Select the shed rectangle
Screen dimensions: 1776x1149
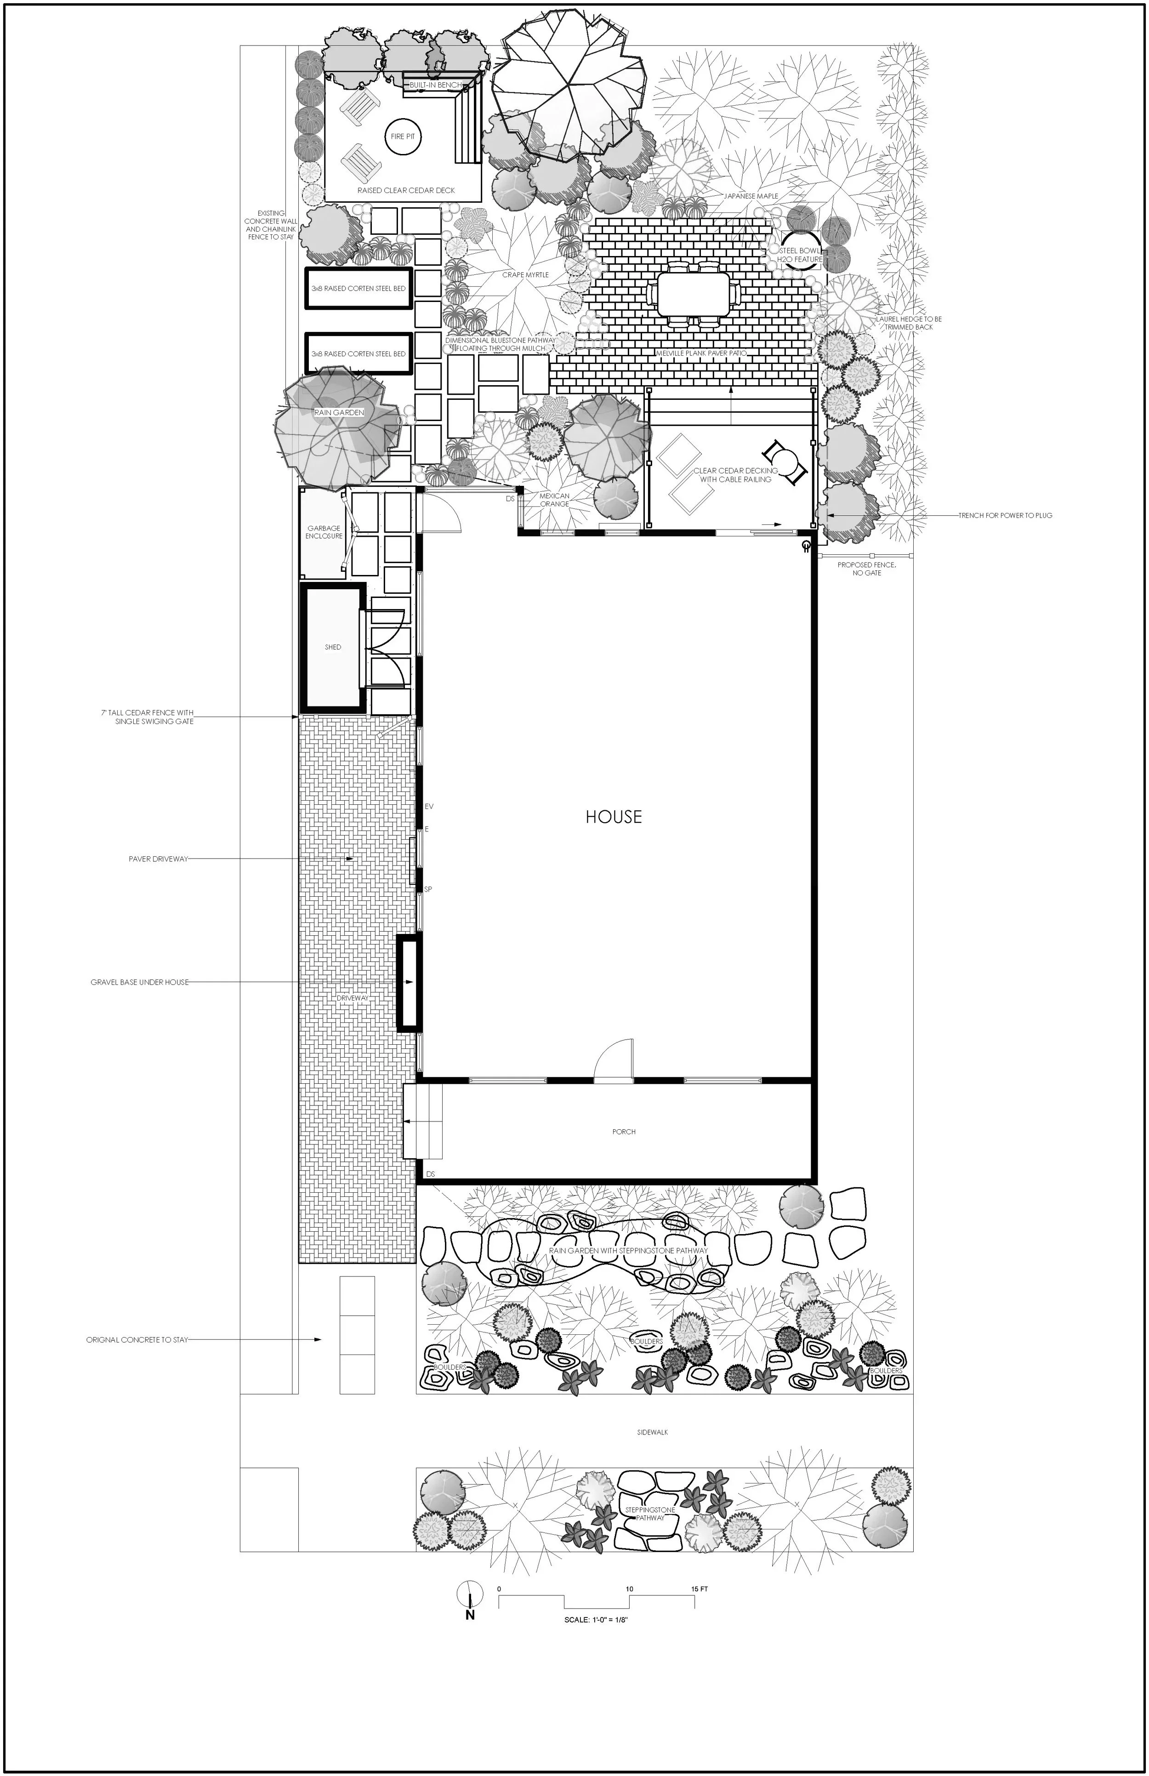pyautogui.click(x=333, y=647)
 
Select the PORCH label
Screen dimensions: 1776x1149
pyautogui.click(x=624, y=1131)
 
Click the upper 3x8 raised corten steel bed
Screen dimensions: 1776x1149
pyautogui.click(x=359, y=288)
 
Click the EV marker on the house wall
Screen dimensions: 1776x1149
pyautogui.click(x=428, y=807)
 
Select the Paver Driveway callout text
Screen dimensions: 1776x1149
pyautogui.click(x=158, y=859)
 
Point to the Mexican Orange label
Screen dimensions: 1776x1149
pyautogui.click(x=554, y=500)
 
